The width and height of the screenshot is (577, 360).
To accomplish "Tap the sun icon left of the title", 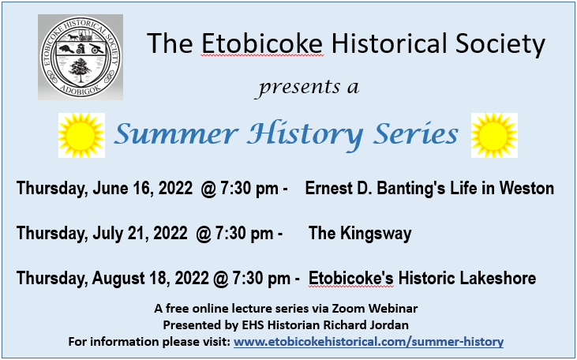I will [x=81, y=135].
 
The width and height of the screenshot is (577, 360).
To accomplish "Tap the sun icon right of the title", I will [x=493, y=135].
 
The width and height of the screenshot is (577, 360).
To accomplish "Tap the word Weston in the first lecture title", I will [x=528, y=189].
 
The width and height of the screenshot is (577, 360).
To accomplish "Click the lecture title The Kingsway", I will [x=360, y=234].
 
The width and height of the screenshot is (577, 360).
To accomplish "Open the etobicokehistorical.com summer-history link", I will [x=369, y=342].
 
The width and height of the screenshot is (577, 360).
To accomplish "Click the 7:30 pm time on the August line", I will [x=252, y=279].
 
